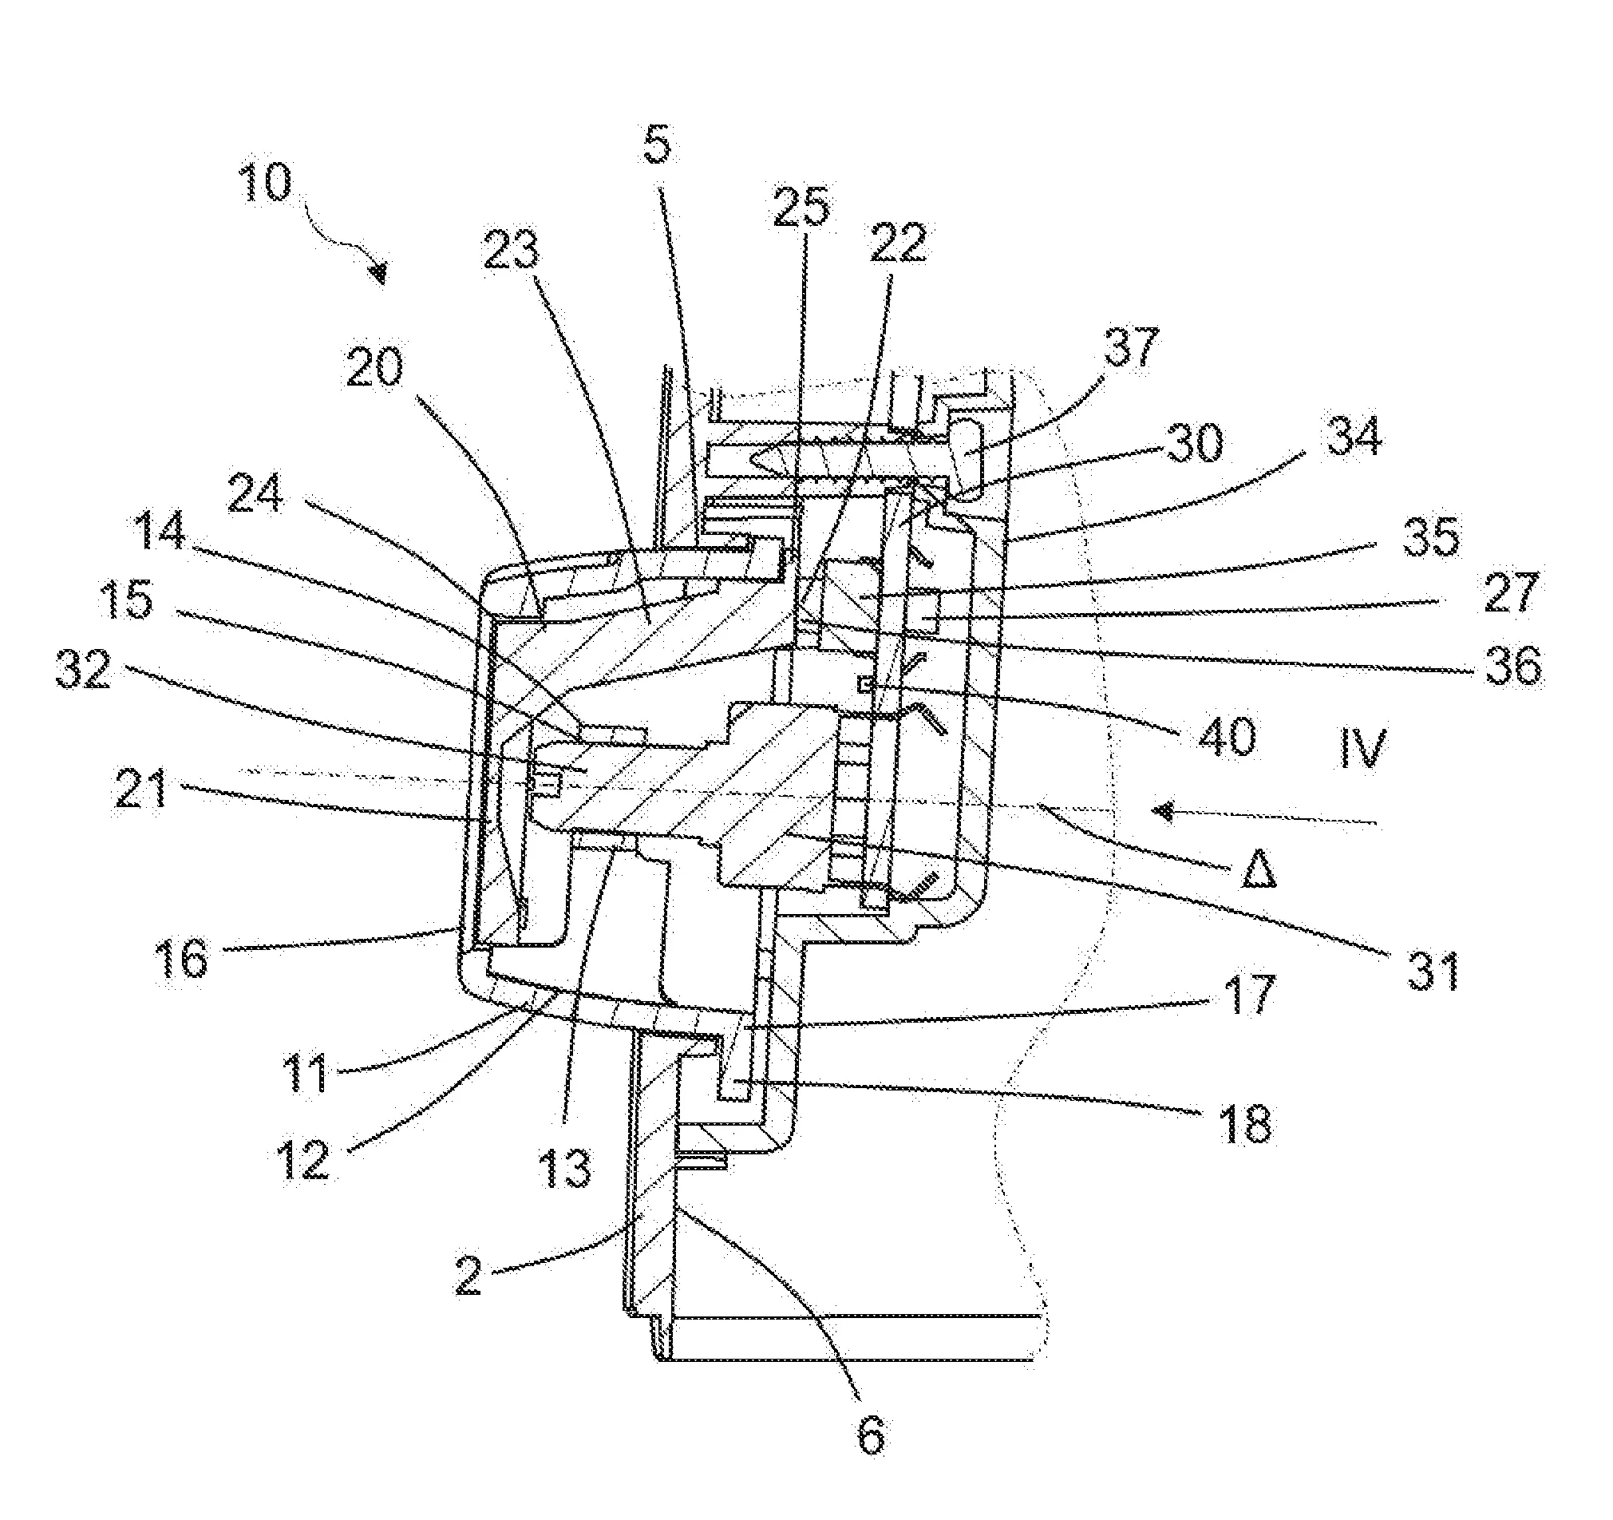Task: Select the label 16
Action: point(182,960)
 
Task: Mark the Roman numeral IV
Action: point(1362,747)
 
